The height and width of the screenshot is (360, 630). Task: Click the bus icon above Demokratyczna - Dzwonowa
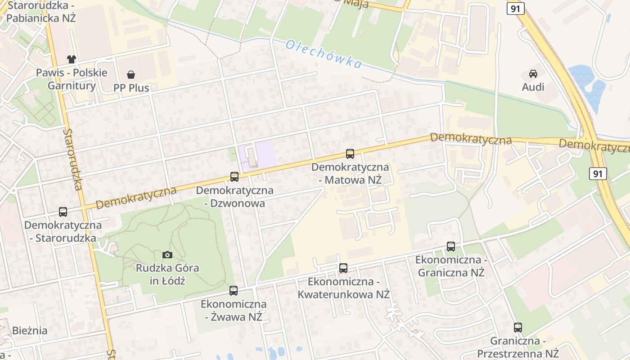pos(234,177)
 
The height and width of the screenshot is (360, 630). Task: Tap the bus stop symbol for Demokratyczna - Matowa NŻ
pos(350,154)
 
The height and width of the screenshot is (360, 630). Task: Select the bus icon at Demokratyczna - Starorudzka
pos(63,212)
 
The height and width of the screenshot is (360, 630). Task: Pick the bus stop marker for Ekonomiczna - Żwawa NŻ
pos(233,291)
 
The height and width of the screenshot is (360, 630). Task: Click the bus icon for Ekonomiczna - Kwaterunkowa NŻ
pos(343,268)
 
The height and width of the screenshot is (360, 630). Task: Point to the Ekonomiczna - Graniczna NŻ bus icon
pos(451,247)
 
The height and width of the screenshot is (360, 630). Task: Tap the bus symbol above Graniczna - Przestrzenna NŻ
pos(518,328)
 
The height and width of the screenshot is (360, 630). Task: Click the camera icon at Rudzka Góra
pos(167,255)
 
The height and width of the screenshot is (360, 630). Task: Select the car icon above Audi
pos(533,74)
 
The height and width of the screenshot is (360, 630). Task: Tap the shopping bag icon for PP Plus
pos(131,75)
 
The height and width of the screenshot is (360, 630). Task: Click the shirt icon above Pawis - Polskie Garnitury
pos(72,59)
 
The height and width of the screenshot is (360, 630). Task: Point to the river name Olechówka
pos(324,54)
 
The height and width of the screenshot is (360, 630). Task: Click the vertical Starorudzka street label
pos(73,159)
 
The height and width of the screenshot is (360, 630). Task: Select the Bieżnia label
pos(30,331)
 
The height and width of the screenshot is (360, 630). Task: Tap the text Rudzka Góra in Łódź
pos(167,274)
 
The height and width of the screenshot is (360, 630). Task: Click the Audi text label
pos(533,87)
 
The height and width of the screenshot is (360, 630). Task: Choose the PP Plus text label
pos(131,88)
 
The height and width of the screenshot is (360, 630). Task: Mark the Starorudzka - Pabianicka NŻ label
pos(40,12)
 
